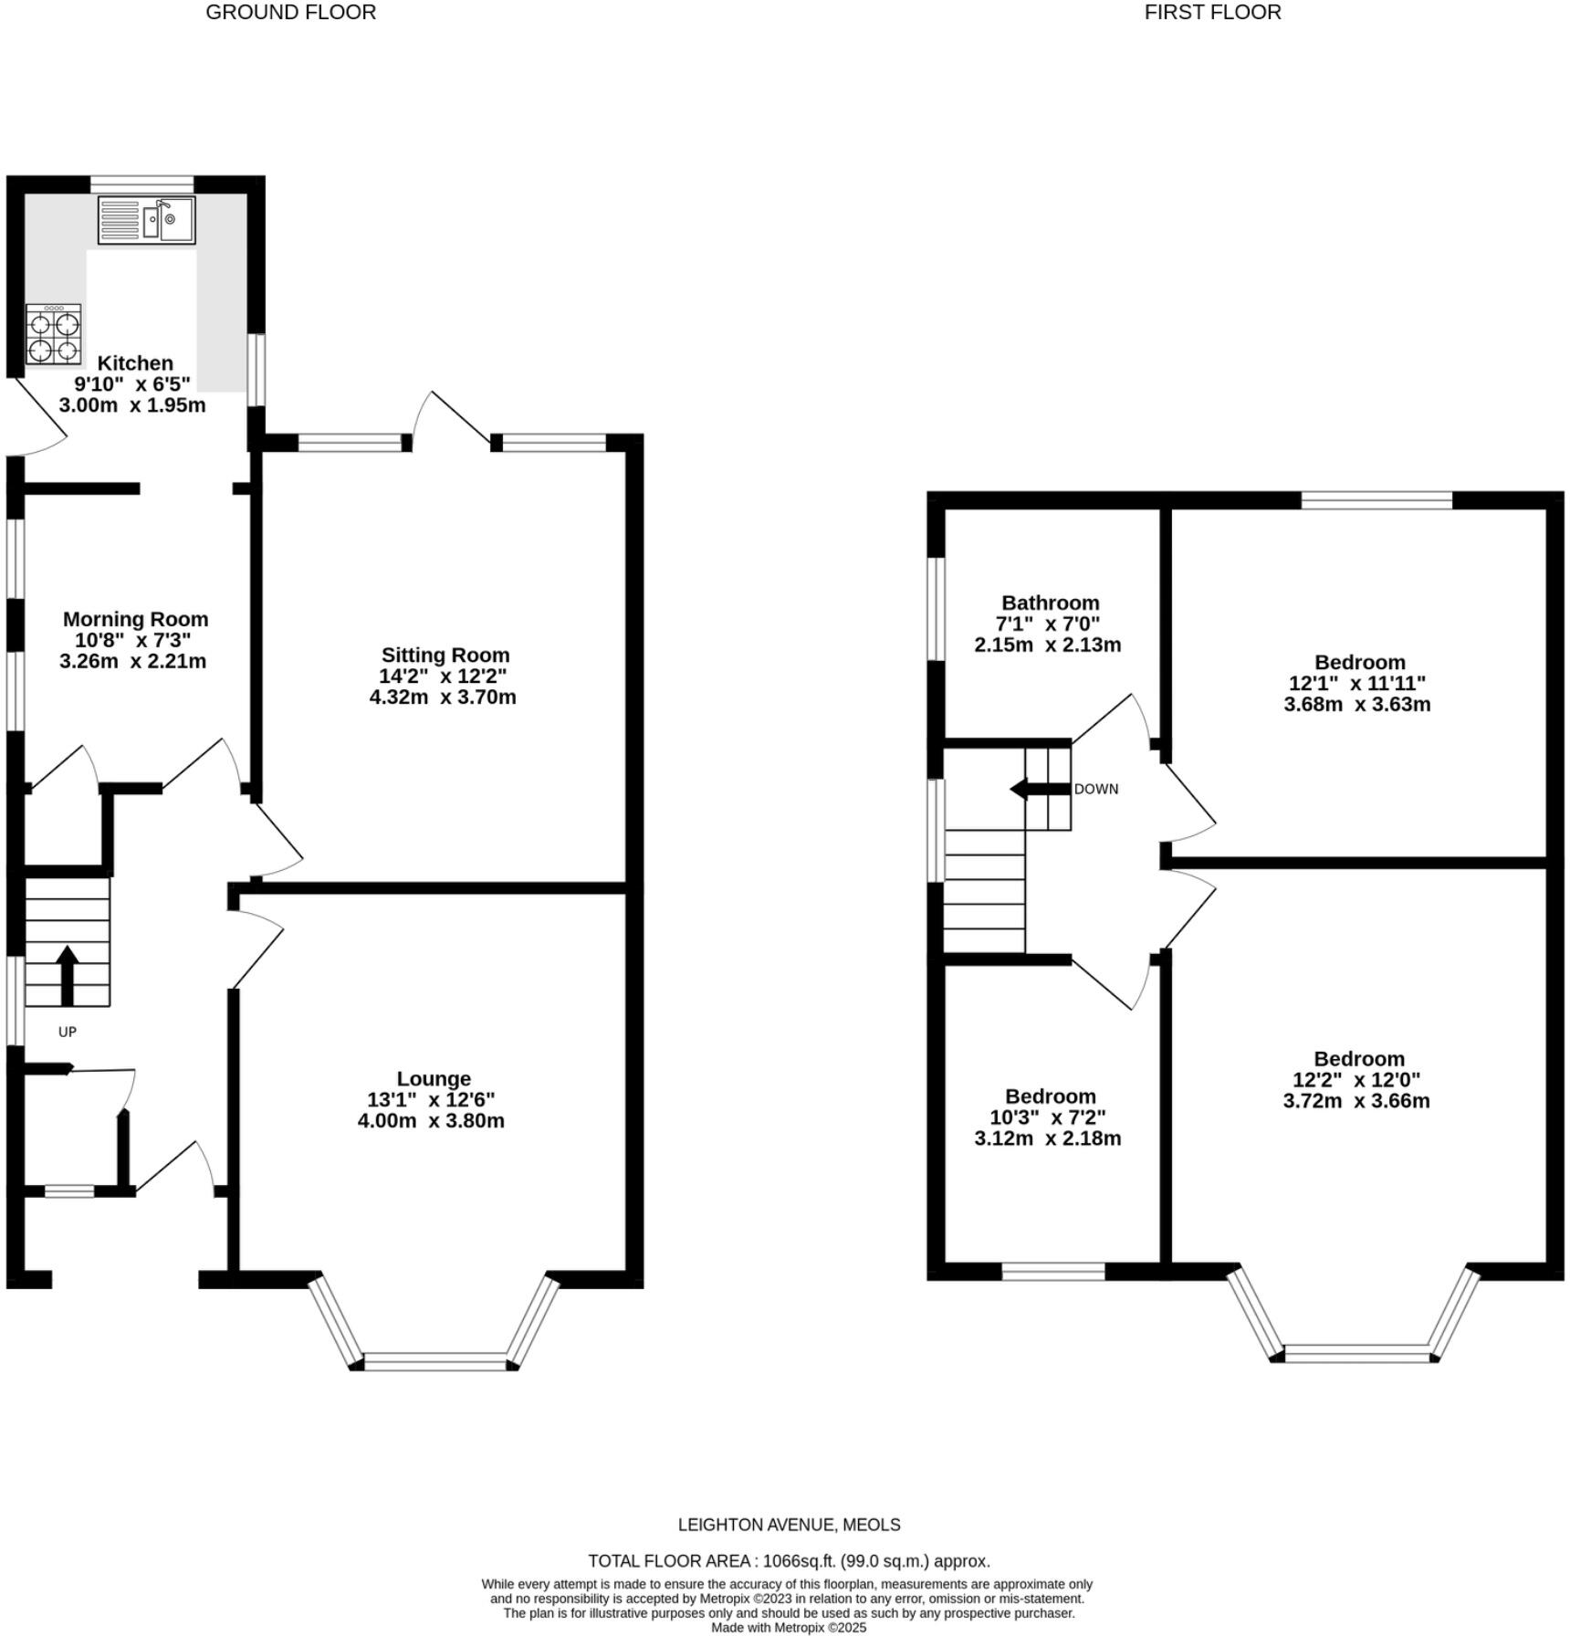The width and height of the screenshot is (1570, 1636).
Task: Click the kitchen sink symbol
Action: coord(147,220)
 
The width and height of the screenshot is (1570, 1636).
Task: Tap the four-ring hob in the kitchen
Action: coord(53,335)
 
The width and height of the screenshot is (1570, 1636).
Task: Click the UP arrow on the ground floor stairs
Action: coord(67,975)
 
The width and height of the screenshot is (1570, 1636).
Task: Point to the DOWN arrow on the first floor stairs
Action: coord(1040,789)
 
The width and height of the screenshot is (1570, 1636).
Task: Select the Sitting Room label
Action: coord(445,655)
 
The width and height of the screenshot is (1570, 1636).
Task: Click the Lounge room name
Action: coord(434,1079)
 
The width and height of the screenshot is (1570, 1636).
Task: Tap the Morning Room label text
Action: coord(135,619)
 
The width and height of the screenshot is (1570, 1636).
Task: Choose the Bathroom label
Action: coord(1050,603)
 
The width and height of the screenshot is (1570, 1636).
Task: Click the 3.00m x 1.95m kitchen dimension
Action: coord(132,405)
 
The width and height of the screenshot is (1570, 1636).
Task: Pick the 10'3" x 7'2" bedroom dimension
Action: coord(1047,1117)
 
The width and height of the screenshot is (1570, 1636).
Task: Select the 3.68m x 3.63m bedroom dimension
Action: coord(1356,705)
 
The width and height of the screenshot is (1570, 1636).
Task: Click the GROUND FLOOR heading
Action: coord(290,13)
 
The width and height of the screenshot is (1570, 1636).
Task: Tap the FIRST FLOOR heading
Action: coord(1212,13)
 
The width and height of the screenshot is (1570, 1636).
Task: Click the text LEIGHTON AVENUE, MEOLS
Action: coord(789,1525)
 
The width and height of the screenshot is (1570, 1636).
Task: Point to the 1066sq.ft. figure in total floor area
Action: coord(797,1561)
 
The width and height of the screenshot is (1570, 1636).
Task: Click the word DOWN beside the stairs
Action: coord(1095,790)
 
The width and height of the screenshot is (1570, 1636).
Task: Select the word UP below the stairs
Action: coord(68,1032)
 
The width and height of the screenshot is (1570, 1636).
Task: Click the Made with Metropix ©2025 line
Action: coord(789,1628)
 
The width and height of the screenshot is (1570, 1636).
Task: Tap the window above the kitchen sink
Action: coord(141,184)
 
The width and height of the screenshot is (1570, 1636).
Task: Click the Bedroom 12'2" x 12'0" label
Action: coord(1358,1059)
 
